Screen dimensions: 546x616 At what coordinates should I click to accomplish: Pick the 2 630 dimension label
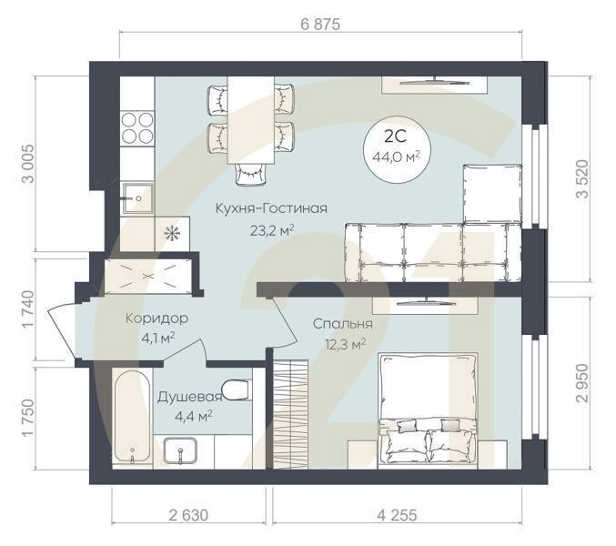(189, 515)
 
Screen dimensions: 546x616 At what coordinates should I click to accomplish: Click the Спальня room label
(343, 324)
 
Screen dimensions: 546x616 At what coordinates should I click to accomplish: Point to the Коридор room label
(157, 318)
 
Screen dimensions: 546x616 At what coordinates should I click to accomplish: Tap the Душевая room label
(185, 398)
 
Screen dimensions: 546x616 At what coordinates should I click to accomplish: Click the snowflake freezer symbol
(170, 232)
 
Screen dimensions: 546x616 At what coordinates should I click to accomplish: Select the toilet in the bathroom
(237, 391)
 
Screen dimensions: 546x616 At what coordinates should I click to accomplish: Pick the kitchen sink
(137, 197)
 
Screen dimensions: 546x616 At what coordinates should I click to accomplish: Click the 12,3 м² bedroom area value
(345, 343)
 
